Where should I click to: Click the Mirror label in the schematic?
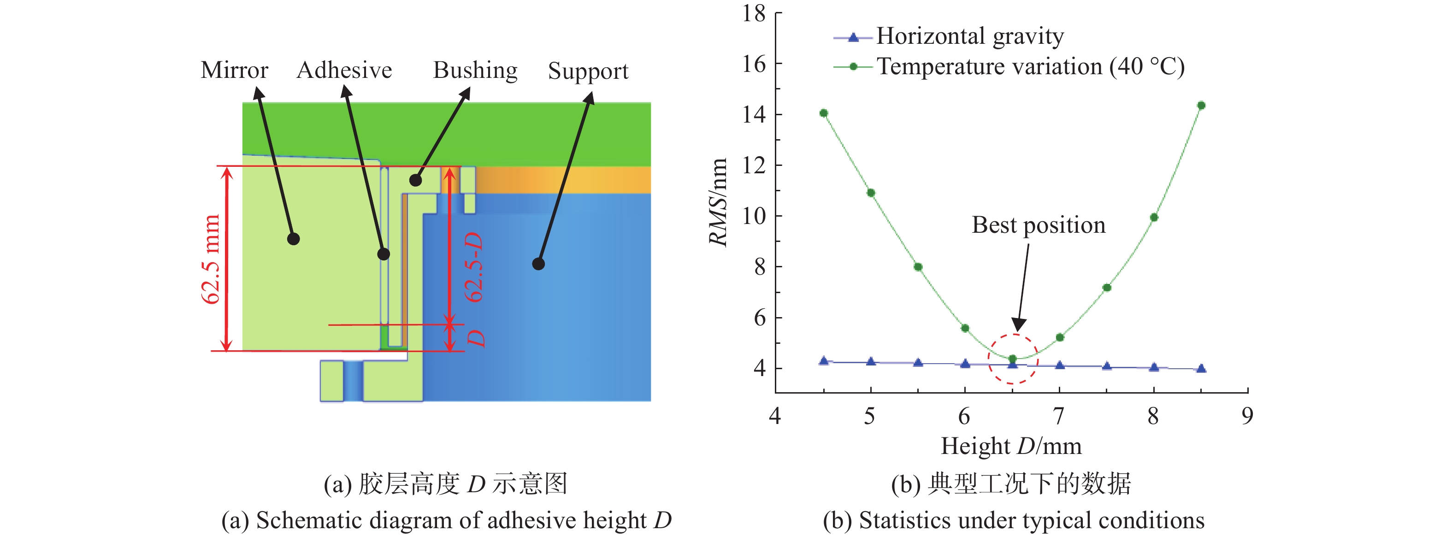[235, 70]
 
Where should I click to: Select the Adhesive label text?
[344, 70]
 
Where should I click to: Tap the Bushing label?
[475, 71]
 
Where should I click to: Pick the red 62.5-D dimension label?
[473, 267]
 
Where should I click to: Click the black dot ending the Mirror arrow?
[293, 239]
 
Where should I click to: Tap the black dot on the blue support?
[538, 264]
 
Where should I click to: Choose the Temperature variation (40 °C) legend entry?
[1009, 66]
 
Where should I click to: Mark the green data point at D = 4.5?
[824, 113]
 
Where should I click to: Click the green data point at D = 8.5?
[1201, 106]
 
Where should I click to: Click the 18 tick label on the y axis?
[754, 13]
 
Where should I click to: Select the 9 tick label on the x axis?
[1247, 416]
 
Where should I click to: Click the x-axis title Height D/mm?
[1011, 446]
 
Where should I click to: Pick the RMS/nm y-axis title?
[718, 202]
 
